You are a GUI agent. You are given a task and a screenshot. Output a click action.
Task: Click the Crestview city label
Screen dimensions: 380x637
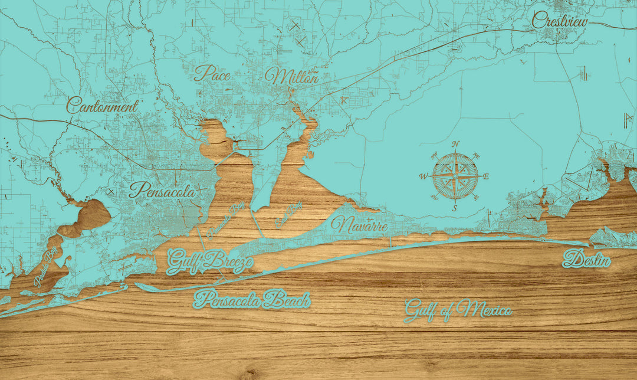click(x=560, y=21)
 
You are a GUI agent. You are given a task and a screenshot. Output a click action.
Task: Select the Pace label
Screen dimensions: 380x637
click(x=212, y=74)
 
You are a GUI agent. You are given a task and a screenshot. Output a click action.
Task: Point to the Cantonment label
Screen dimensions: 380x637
click(x=102, y=106)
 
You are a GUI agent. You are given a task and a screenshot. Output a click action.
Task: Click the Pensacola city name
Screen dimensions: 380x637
click(x=162, y=191)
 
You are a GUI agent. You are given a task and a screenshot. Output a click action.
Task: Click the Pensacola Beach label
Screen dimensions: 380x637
click(x=251, y=300)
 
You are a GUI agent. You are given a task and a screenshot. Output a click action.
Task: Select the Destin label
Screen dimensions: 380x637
click(x=586, y=258)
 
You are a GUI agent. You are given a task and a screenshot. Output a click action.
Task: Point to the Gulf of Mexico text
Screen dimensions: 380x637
click(x=458, y=309)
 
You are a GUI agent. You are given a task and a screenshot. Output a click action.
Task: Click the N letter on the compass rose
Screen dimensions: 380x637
click(x=455, y=145)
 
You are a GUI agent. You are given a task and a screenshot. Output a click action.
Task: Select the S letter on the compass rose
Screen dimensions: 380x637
click(x=455, y=208)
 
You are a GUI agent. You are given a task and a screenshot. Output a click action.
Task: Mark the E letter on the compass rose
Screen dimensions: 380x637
click(x=486, y=176)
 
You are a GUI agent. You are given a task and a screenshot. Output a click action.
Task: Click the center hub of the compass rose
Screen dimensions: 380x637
click(x=455, y=176)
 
